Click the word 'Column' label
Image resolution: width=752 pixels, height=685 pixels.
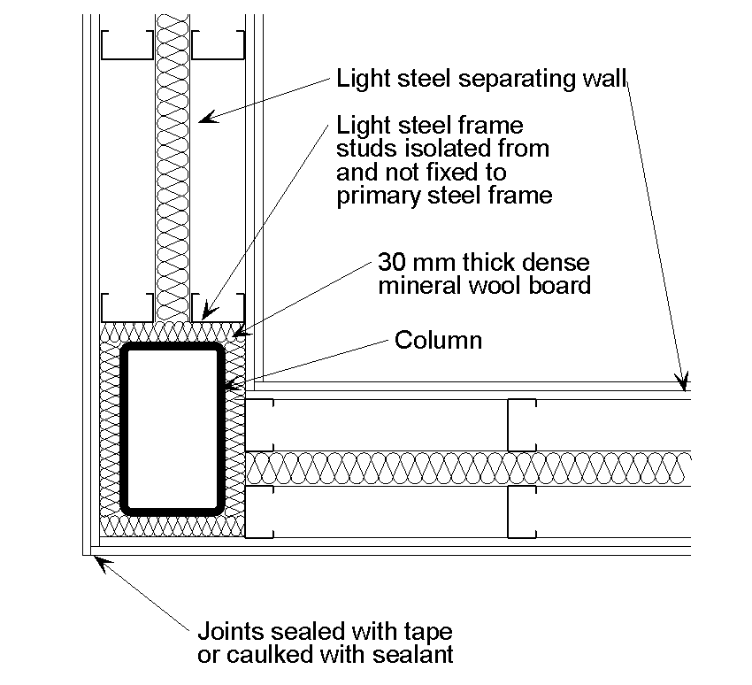click(x=438, y=340)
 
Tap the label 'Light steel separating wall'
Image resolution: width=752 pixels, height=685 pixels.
click(x=480, y=79)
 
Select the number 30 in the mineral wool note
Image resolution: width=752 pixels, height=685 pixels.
click(x=391, y=264)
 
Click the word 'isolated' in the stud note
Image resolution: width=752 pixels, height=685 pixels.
click(x=435, y=149)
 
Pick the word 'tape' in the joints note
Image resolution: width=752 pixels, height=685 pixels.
click(x=427, y=633)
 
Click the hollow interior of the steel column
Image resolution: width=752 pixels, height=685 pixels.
click(x=173, y=429)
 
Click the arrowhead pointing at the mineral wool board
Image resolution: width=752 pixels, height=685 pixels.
click(x=238, y=335)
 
